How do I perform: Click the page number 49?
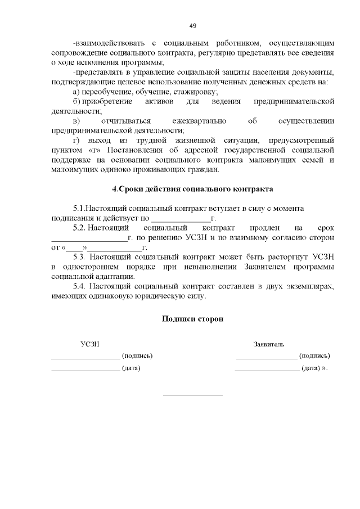tap(193, 26)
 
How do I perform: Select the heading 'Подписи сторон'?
tap(193, 318)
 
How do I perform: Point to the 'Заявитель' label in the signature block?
tap(268, 344)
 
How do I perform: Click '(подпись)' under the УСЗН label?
tap(137, 355)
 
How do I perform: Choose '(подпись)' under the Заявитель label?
tap(314, 355)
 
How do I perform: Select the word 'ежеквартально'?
tap(199, 121)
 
